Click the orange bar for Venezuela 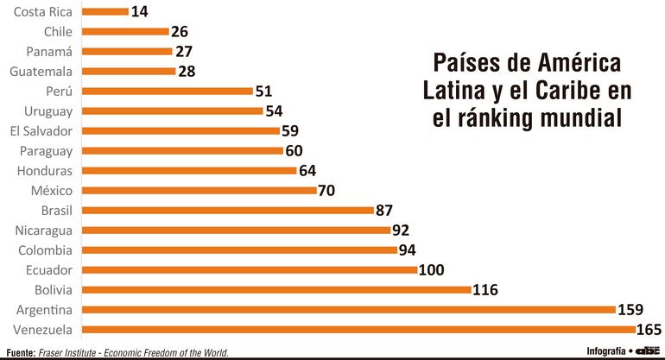[x=358, y=329]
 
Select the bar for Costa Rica [x=104, y=11]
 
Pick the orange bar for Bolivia [x=276, y=289]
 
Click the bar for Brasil [x=228, y=210]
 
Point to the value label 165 [x=649, y=329]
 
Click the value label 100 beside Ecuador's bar [x=431, y=269]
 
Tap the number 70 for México [x=326, y=190]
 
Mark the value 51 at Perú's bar [x=264, y=91]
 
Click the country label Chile [x=57, y=31]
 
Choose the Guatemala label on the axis [x=42, y=71]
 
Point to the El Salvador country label [x=41, y=130]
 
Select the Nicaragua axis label [x=44, y=230]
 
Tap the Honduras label [x=44, y=170]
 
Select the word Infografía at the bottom [x=606, y=351]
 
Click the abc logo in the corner [x=649, y=351]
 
